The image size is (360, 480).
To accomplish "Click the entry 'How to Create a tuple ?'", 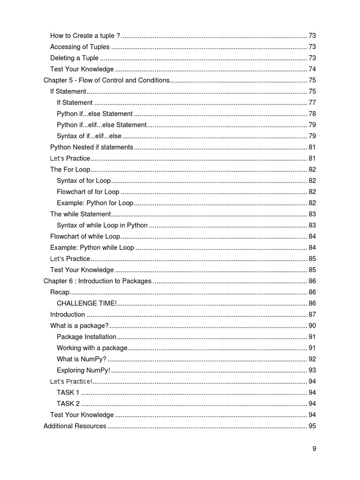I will [x=85, y=36].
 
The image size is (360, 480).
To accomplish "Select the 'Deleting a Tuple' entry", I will [x=74, y=58].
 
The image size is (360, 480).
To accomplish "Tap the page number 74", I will [x=312, y=69].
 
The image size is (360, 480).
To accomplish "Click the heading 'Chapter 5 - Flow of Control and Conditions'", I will [x=106, y=80].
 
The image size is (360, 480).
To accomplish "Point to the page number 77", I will [x=312, y=103].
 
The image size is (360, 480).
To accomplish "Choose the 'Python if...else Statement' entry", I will [x=95, y=114].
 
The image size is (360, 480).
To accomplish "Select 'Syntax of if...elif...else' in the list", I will [x=89, y=136].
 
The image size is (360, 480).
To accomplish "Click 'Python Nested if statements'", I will [x=91, y=147].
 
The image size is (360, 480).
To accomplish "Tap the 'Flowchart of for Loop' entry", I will [x=88, y=192].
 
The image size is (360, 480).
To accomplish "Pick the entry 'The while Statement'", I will [x=80, y=214].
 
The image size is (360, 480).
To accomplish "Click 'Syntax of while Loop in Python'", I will [x=102, y=225].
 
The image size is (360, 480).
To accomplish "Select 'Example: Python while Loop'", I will [x=92, y=247].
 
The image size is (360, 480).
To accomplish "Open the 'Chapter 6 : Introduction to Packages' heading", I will [x=97, y=281].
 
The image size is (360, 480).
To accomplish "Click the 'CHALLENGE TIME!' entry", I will [x=87, y=303].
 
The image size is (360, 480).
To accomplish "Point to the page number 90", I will [x=312, y=326].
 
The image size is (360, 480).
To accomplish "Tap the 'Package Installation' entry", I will [x=86, y=337].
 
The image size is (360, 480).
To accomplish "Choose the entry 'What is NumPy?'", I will [x=82, y=359].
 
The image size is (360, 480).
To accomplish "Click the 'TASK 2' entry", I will [x=68, y=404].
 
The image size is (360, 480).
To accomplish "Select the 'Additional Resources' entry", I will [x=75, y=426].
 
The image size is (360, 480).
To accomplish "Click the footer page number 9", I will [x=315, y=449].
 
